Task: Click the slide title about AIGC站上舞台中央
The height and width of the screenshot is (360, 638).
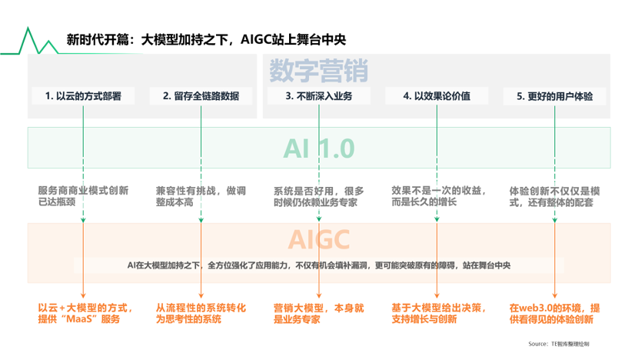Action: point(206,39)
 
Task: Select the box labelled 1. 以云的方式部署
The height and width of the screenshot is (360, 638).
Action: point(83,96)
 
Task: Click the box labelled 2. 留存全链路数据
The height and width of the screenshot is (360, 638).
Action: point(201,96)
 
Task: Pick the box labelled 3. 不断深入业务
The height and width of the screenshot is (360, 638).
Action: point(319,96)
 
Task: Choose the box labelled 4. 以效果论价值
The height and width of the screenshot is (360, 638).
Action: point(437,96)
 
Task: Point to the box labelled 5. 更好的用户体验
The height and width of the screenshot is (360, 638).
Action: point(554,96)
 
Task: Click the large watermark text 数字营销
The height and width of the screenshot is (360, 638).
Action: point(319,71)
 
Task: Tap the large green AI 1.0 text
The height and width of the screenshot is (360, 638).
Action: point(319,148)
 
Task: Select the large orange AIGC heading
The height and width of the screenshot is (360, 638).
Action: point(319,239)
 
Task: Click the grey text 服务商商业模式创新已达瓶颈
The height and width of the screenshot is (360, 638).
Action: point(83,196)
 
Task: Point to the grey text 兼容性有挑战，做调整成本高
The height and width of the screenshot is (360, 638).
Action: point(201,196)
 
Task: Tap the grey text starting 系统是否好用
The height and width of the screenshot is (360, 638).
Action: point(318,197)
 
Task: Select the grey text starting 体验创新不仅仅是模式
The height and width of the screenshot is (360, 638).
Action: point(554,197)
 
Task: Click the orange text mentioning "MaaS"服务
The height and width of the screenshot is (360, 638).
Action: point(85,313)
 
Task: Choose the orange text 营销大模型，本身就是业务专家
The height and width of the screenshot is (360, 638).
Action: point(318,314)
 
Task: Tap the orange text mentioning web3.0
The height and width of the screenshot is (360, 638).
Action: point(554,314)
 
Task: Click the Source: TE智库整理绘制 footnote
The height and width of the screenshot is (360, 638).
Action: point(559,344)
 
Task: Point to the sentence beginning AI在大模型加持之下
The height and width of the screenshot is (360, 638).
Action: point(319,265)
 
